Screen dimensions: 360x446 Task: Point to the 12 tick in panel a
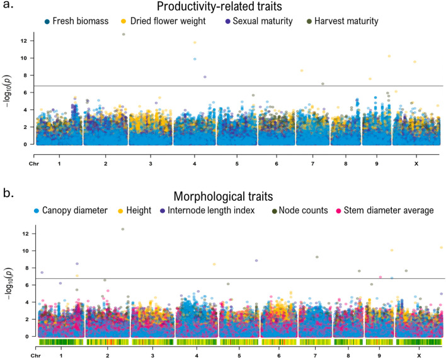[x=23, y=41]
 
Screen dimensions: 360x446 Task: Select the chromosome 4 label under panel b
[x=197, y=355]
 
